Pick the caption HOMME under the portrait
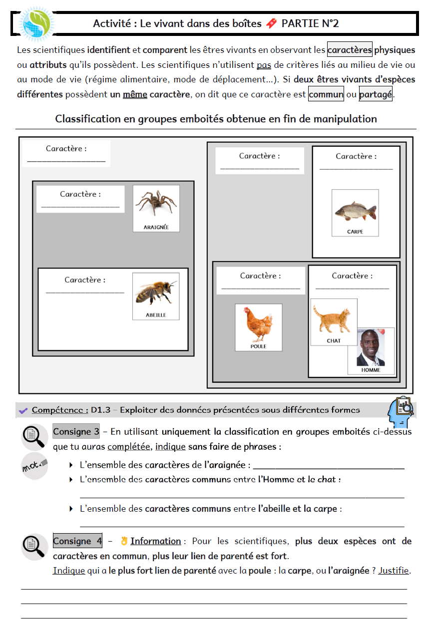tap(371, 370)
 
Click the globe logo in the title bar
tap(36, 23)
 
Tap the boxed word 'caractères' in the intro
tap(350, 50)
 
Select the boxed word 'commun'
tap(326, 94)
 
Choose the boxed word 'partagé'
tap(376, 94)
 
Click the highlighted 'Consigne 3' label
tap(76, 431)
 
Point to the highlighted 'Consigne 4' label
tap(77, 541)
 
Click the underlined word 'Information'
tap(155, 541)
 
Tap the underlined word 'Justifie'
tap(394, 570)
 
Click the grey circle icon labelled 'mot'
tap(34, 466)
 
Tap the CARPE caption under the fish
tap(355, 232)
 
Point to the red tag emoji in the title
tap(271, 23)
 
